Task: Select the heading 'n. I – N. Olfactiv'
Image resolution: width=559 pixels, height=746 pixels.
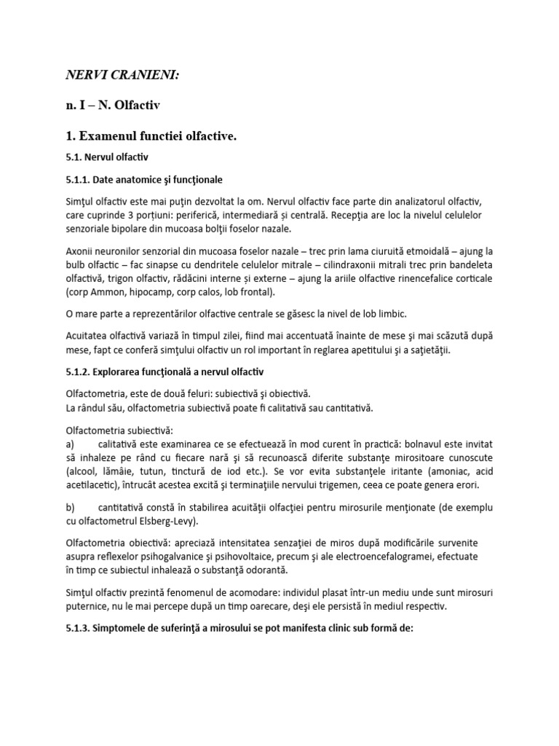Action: pyautogui.click(x=113, y=106)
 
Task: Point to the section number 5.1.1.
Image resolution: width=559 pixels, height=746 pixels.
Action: pyautogui.click(x=79, y=178)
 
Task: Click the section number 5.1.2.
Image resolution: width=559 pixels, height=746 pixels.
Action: pyautogui.click(x=79, y=372)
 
